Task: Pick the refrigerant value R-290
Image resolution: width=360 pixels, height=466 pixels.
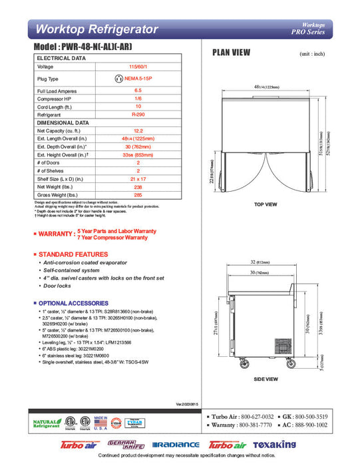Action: pyautogui.click(x=138, y=115)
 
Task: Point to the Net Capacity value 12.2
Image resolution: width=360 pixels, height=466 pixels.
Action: pyautogui.click(x=138, y=132)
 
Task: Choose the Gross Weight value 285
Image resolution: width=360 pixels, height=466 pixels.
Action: pyautogui.click(x=138, y=196)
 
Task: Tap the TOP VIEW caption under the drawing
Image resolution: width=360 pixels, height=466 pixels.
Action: pyautogui.click(x=266, y=204)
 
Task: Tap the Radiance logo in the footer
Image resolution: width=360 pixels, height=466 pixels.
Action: pyautogui.click(x=176, y=445)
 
